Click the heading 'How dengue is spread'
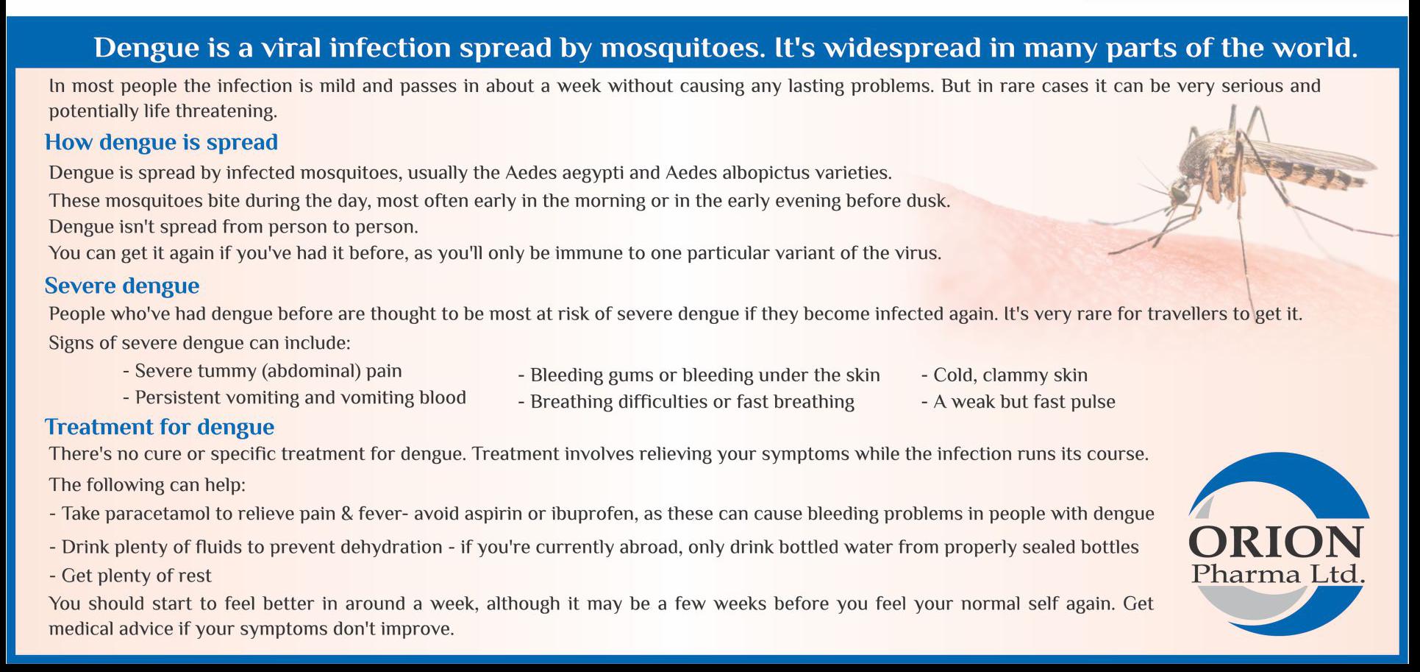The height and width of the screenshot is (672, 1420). [161, 142]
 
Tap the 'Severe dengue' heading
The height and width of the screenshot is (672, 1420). [122, 286]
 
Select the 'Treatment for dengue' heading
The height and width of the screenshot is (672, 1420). [160, 427]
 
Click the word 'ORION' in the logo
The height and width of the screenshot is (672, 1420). [1276, 543]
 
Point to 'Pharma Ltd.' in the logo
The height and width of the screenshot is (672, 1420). [1279, 574]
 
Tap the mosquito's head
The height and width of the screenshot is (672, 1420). [1179, 193]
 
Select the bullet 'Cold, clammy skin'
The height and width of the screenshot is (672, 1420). [1005, 375]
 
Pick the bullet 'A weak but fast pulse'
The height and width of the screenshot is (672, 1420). [1018, 402]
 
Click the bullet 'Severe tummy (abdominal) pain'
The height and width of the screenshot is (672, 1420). [263, 371]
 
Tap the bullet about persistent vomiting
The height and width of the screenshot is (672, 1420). [294, 397]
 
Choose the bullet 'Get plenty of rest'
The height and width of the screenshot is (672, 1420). [130, 576]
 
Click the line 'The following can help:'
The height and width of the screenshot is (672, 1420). [147, 485]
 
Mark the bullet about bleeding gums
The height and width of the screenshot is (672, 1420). [699, 375]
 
